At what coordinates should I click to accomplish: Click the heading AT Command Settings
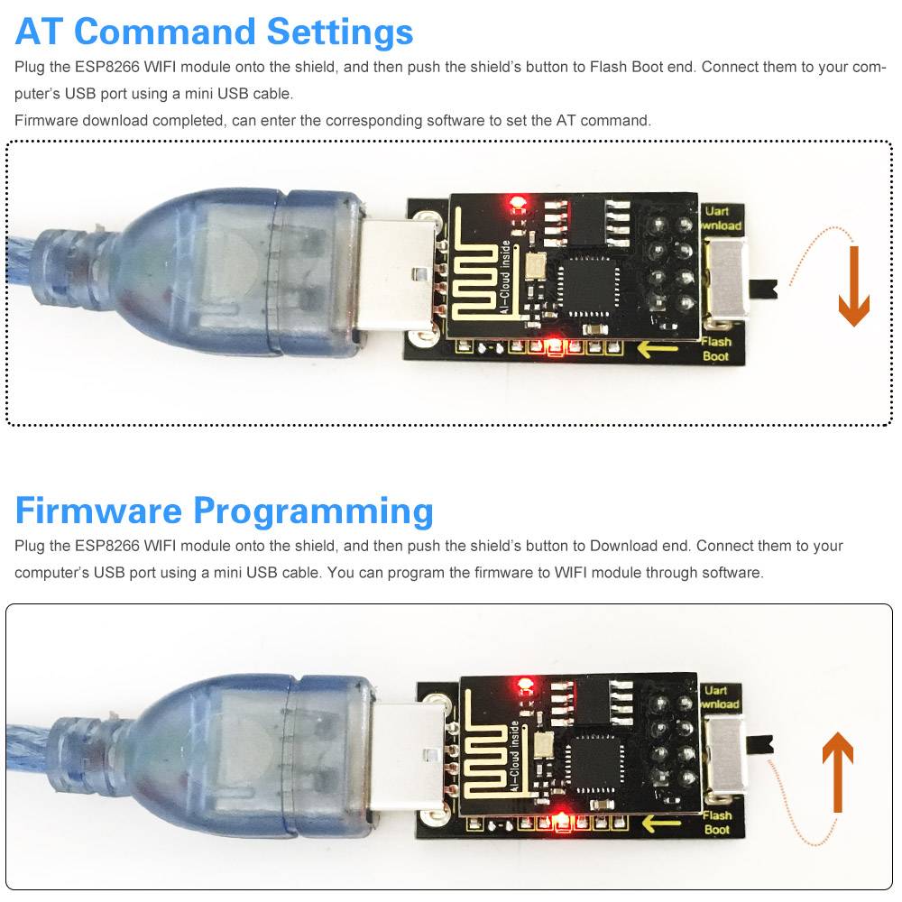[x=214, y=32]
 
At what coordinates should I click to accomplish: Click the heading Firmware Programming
[x=224, y=511]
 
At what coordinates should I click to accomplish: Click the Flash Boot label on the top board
[x=716, y=348]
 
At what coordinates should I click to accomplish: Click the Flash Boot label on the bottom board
[x=717, y=823]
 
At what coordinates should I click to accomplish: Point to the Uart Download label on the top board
[x=721, y=218]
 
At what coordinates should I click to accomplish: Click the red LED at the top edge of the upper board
[x=518, y=201]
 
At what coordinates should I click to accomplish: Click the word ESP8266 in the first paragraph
[x=106, y=68]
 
